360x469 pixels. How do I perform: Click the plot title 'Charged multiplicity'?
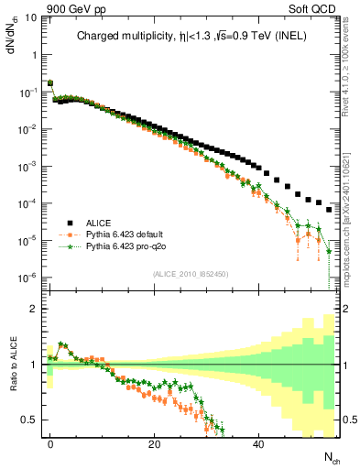click(x=114, y=37)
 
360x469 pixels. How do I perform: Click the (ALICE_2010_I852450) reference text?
click(x=190, y=275)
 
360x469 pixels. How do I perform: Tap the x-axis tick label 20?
click(x=155, y=444)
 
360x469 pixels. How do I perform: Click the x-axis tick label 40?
click(x=259, y=444)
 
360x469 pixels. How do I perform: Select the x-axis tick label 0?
click(x=50, y=444)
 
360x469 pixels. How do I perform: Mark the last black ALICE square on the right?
click(x=329, y=210)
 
